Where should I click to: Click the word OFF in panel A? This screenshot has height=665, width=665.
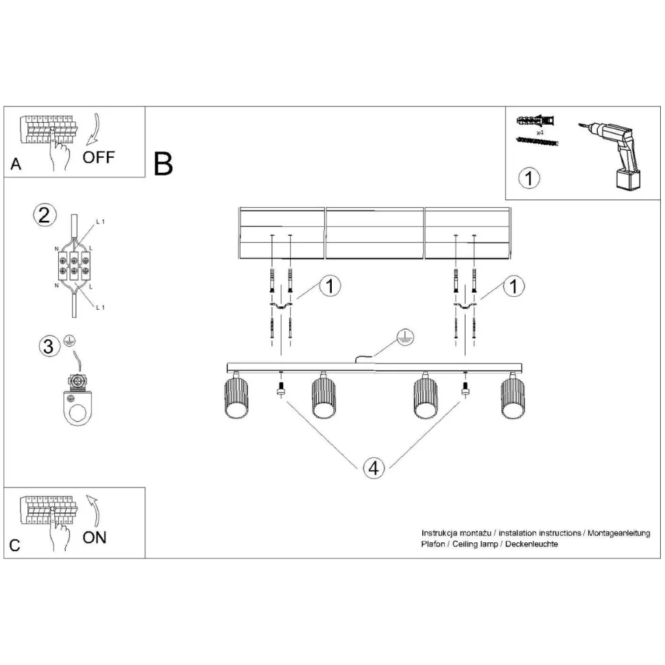99,157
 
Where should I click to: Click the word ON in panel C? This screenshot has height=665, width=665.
95,537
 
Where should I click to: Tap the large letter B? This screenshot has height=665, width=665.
164,163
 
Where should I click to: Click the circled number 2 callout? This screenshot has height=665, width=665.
45,216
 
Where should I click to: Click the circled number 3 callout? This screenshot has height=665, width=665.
48,346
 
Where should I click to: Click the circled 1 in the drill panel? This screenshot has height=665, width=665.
529,178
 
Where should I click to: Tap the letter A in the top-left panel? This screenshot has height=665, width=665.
16,165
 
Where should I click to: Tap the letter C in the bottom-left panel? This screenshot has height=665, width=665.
16,546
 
